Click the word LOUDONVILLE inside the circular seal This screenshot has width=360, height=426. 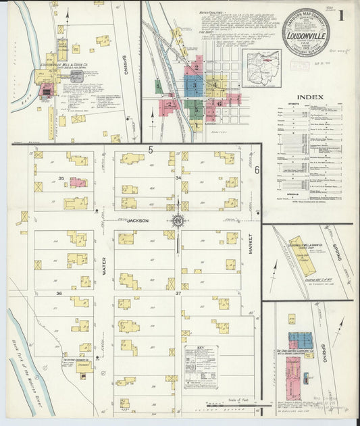306,30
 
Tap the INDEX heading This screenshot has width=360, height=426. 309,97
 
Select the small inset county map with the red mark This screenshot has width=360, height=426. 260,64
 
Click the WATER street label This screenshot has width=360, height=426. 104,270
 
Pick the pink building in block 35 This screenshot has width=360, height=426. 78,182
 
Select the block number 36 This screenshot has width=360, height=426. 59,293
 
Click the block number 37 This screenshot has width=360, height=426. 178,293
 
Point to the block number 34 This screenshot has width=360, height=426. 178,178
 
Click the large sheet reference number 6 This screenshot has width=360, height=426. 257,169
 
